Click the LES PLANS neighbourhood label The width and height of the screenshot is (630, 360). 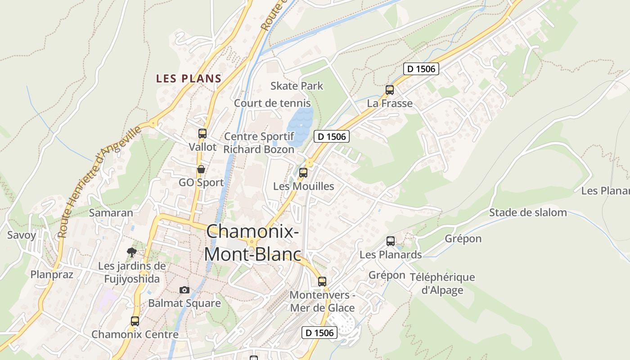pyautogui.click(x=189, y=78)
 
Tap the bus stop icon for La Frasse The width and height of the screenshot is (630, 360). pyautogui.click(x=390, y=90)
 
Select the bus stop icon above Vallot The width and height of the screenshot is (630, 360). pyautogui.click(x=202, y=134)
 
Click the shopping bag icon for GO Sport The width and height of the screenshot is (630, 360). pyautogui.click(x=201, y=170)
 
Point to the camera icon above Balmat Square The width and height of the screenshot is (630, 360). pyautogui.click(x=184, y=290)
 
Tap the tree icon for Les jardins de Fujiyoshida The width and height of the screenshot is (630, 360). pyautogui.click(x=132, y=252)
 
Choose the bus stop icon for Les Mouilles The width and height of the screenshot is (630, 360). pyautogui.click(x=303, y=172)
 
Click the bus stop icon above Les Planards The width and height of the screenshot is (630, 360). pyautogui.click(x=391, y=241)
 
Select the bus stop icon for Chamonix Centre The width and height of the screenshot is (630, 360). pyautogui.click(x=135, y=321)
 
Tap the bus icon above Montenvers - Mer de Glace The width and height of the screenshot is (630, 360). pyautogui.click(x=322, y=282)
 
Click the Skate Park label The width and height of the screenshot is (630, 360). pyautogui.click(x=297, y=85)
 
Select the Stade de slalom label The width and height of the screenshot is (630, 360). pyautogui.click(x=528, y=212)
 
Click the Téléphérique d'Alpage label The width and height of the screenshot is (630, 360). pyautogui.click(x=442, y=283)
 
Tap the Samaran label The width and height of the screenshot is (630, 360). pyautogui.click(x=111, y=213)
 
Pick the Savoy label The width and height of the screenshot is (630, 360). pyautogui.click(x=21, y=235)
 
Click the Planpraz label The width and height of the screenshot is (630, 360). pyautogui.click(x=52, y=274)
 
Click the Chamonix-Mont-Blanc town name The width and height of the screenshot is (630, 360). pyautogui.click(x=252, y=243)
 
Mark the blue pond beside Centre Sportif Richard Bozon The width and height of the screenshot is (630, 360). pyautogui.click(x=299, y=124)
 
